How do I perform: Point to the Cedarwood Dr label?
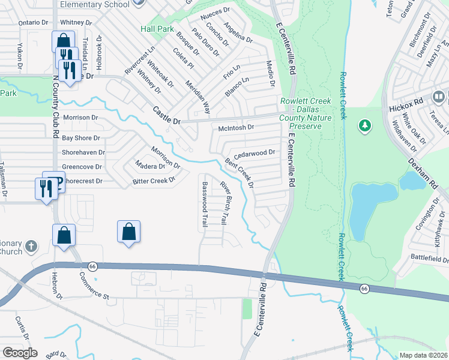coord(254,152)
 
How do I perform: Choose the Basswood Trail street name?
coord(205,204)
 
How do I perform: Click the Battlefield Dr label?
coord(430,259)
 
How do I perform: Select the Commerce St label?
coord(93,286)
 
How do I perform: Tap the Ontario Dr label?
coord(25,22)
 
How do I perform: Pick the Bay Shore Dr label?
coord(81,138)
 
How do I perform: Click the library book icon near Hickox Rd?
coord(439,96)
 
